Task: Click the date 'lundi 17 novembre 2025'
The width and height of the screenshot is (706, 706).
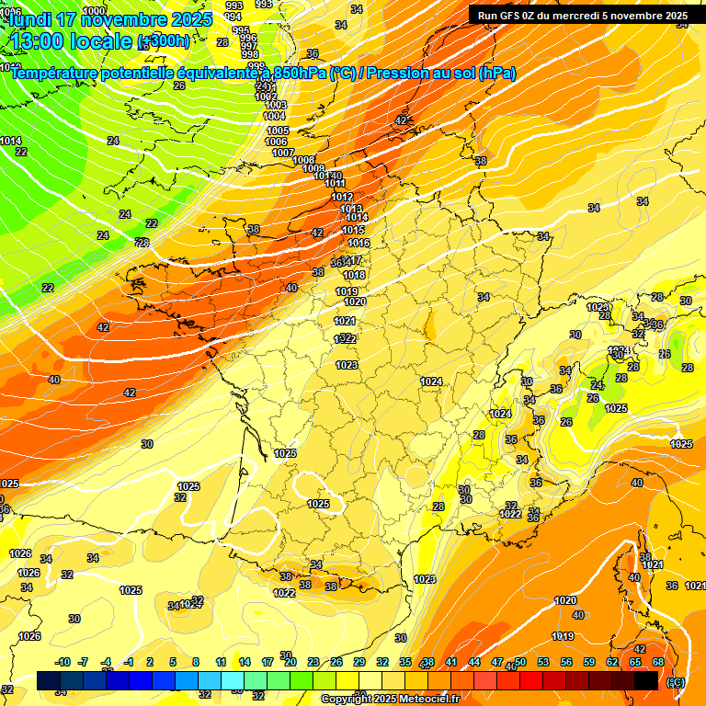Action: pos(108,18)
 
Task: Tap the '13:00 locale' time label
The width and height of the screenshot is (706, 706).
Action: pos(71,40)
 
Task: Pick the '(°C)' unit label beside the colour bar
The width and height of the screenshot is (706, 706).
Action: pos(676,682)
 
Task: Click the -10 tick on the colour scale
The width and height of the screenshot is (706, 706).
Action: pos(63,662)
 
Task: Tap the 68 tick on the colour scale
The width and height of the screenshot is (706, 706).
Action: pos(658,662)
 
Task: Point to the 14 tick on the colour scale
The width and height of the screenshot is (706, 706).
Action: pos(245,662)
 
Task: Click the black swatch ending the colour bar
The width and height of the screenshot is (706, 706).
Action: pos(646,680)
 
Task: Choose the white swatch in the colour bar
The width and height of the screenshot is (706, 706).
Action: pos(370,680)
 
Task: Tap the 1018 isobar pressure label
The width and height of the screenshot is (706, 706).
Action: pos(354,275)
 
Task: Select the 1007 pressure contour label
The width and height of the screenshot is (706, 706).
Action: pos(283,153)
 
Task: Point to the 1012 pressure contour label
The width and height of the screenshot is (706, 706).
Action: pos(342,197)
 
